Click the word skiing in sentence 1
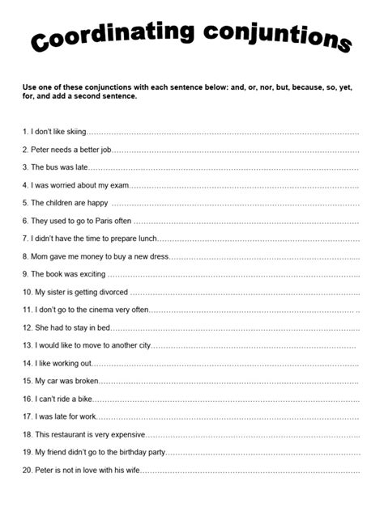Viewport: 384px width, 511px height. coord(73,131)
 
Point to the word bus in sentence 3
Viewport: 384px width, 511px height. coord(53,167)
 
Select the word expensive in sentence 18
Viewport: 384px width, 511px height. coord(126,434)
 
